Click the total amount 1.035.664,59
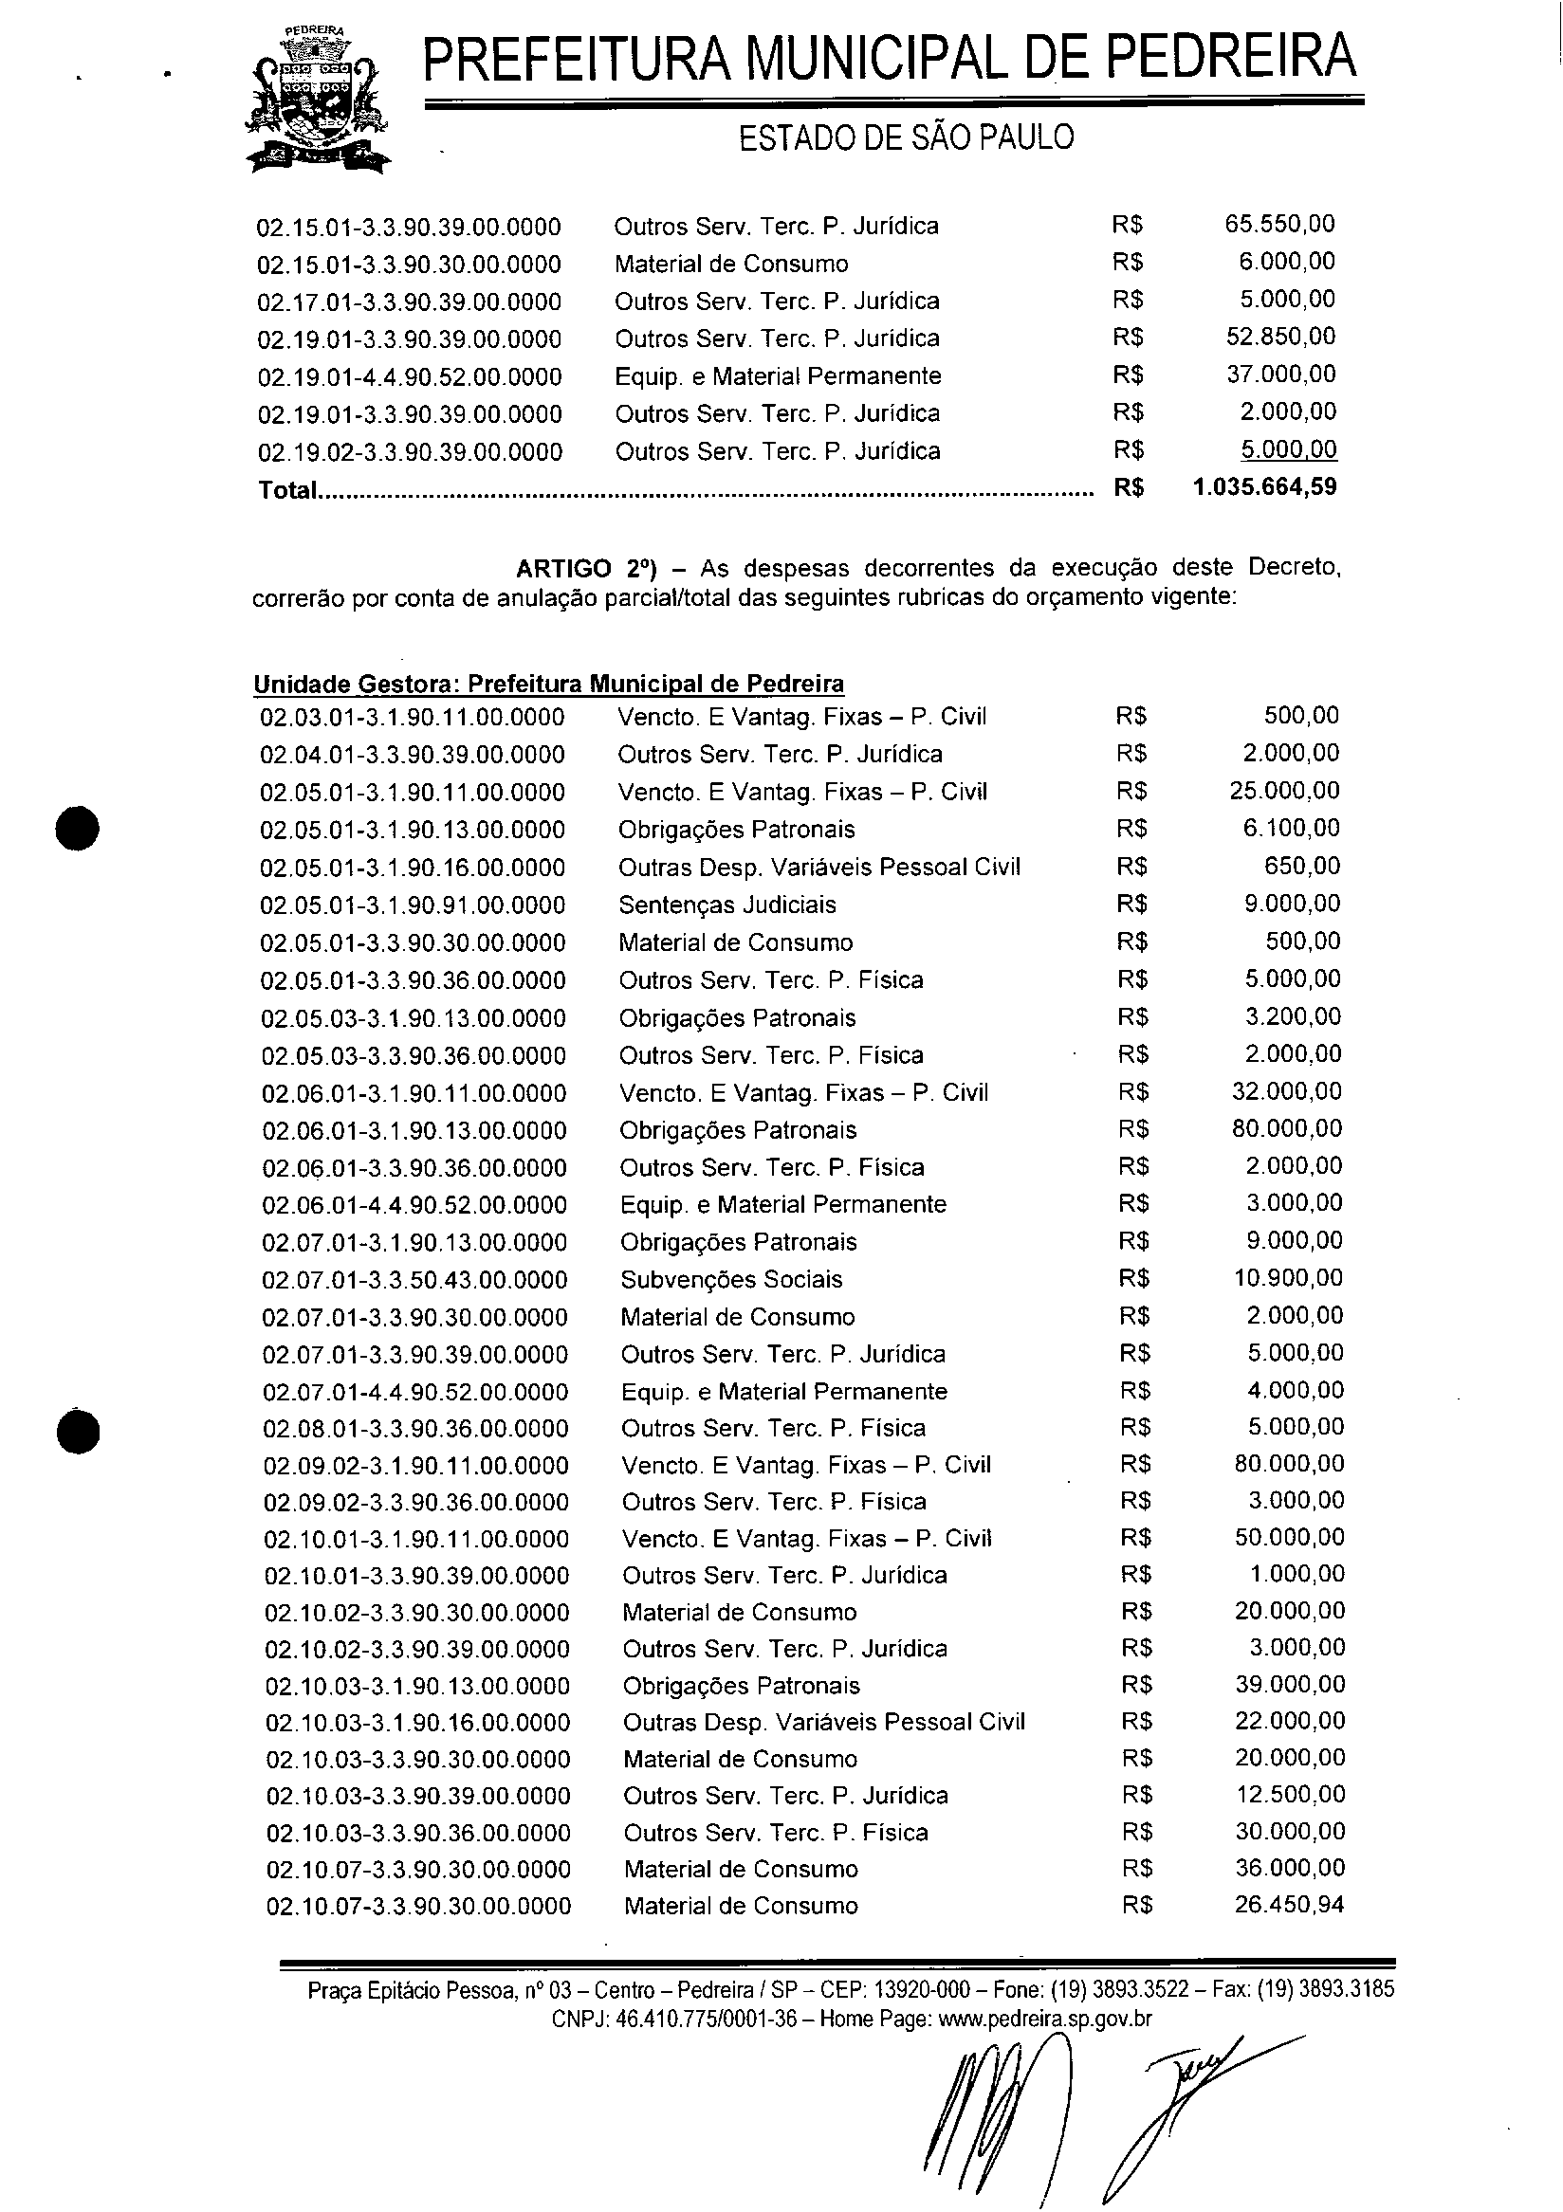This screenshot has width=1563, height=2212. tap(1264, 487)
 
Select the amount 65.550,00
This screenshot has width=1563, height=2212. tap(1279, 225)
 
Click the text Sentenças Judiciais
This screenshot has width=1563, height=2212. tap(727, 905)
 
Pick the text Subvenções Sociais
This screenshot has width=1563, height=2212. tap(731, 1279)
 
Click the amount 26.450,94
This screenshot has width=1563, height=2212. tap(1289, 1905)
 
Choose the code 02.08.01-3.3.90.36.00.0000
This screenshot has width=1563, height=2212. tap(415, 1429)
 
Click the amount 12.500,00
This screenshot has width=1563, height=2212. tap(1290, 1795)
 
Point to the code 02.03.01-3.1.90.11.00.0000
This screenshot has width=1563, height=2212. tap(413, 717)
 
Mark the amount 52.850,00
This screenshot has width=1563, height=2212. tap(1280, 338)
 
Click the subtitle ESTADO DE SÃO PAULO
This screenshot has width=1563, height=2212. tap(906, 137)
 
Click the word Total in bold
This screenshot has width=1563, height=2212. tap(287, 490)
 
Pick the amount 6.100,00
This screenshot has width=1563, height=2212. tap(1291, 829)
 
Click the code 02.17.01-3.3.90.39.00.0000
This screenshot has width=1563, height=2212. tap(409, 302)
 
